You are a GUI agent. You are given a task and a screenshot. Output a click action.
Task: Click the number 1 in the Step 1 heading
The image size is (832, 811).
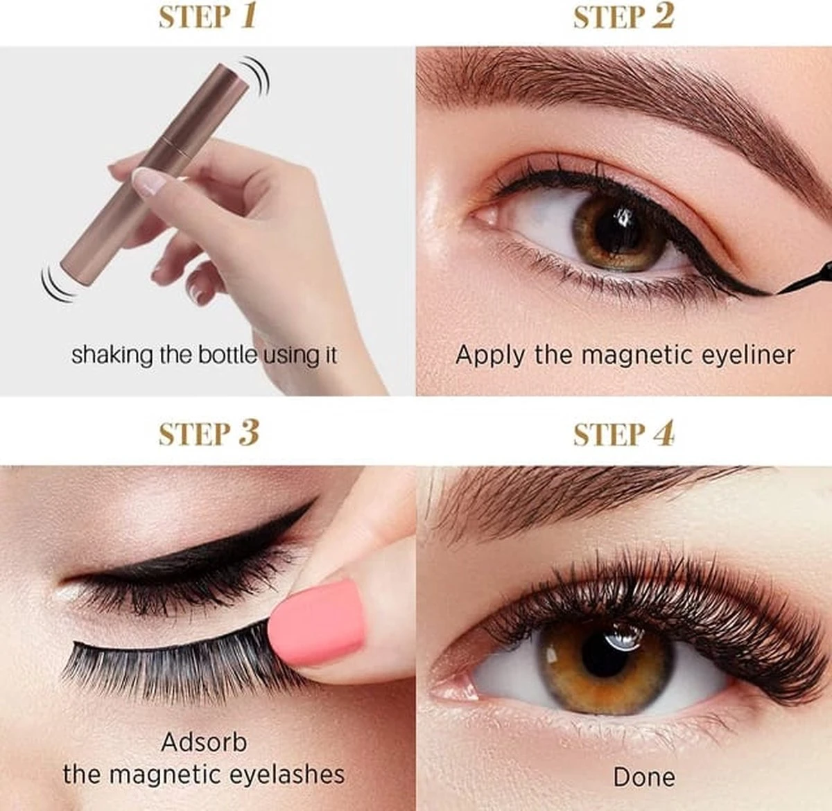tap(248, 15)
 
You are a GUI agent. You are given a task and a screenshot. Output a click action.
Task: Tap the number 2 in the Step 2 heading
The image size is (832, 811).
tap(664, 15)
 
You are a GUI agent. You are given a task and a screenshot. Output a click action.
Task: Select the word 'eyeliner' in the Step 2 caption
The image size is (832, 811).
tap(747, 356)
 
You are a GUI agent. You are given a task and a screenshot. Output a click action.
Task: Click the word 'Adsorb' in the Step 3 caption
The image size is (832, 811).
tap(204, 742)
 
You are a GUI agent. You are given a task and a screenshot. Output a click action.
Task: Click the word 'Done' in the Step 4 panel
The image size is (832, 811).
tap(643, 776)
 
